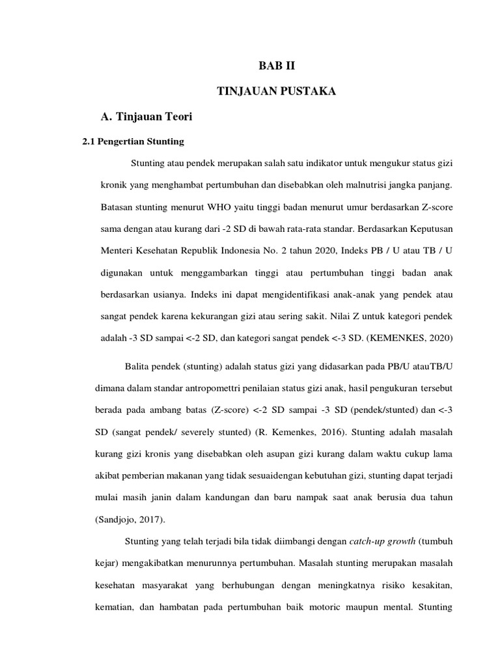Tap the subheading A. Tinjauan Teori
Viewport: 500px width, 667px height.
click(x=148, y=117)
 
